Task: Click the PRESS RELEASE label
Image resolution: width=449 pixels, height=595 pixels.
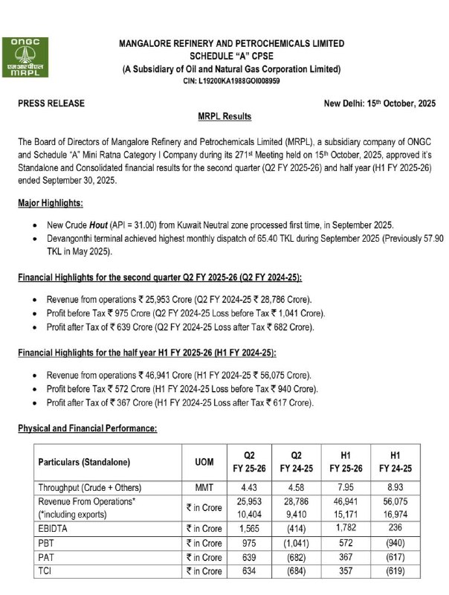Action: [51, 103]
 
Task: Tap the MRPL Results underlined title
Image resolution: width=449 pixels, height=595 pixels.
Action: [224, 117]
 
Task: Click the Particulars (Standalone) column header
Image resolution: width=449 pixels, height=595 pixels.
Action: [84, 462]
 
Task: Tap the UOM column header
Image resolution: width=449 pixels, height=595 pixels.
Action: [204, 462]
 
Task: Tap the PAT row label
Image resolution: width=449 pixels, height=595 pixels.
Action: [48, 558]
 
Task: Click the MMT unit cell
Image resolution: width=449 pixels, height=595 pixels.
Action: [204, 488]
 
